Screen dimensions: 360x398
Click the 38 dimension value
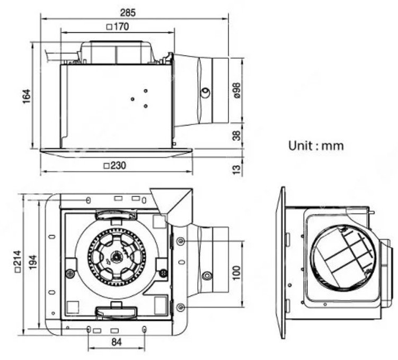pos(236,136)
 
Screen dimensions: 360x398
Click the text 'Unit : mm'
pos(316,145)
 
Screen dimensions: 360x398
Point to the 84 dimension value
pos(117,343)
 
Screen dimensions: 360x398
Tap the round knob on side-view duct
pos(205,93)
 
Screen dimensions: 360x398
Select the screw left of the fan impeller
pos(69,274)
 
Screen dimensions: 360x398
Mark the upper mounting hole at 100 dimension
pos(181,241)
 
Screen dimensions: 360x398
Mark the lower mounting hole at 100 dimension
pos(181,308)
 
